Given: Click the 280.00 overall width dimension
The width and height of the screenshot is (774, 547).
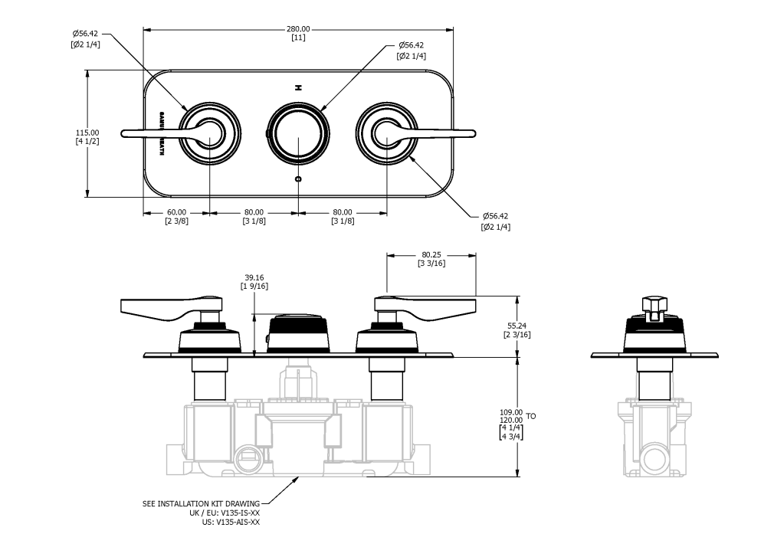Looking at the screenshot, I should [x=298, y=29].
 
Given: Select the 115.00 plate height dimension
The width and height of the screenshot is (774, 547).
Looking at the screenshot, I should [x=87, y=132].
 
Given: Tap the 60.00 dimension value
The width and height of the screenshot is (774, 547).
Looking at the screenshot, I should [x=176, y=212].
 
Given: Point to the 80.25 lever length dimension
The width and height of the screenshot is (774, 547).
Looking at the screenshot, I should [x=432, y=254].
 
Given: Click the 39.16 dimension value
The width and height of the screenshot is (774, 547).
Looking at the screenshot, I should [x=253, y=278].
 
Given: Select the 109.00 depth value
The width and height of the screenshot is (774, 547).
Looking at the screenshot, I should [x=510, y=411].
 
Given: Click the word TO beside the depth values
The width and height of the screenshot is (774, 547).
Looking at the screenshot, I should [x=531, y=416].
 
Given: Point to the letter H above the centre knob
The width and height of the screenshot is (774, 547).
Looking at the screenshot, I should [x=299, y=87].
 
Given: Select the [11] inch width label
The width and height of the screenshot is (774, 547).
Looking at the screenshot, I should [x=298, y=38].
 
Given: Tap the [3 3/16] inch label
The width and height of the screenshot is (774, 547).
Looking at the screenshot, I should [x=432, y=264].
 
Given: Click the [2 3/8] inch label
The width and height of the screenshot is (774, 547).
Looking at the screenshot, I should [x=176, y=221].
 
